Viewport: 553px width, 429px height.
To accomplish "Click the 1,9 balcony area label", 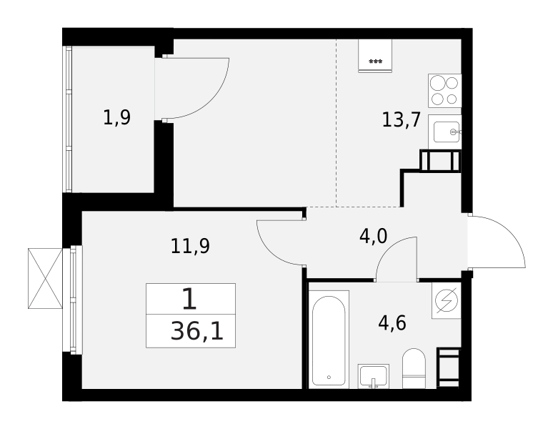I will coord(116,117).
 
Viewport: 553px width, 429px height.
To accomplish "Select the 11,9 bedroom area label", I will coord(189,247).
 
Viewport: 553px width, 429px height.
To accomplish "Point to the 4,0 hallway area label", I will coord(373,236).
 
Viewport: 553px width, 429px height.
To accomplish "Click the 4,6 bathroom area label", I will coord(392,323).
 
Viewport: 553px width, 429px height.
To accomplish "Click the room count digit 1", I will coord(189,299).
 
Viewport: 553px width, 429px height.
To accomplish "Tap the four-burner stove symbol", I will coord(444,90).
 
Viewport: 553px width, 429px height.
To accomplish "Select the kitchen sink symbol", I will coord(444,132).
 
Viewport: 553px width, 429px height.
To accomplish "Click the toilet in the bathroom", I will coord(414,368).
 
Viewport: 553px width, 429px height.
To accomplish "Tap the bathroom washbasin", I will coord(374,375).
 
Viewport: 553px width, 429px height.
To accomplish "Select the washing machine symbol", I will coord(447,300).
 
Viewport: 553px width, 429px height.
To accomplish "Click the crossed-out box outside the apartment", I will coord(45,278).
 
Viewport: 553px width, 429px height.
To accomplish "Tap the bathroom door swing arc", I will coord(397,257).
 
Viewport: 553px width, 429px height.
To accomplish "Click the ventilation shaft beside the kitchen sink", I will coord(440,161).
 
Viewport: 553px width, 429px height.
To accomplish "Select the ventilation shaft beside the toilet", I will coord(449,368).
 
